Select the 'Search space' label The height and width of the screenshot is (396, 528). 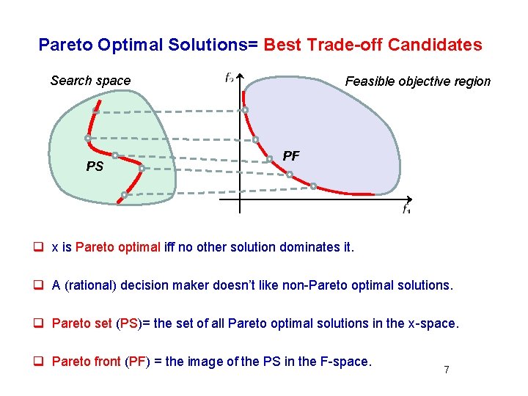coord(90,81)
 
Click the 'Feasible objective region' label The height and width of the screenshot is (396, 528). coord(417,81)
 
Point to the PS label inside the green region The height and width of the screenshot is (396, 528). coord(95,167)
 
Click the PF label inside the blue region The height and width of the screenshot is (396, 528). coord(291,156)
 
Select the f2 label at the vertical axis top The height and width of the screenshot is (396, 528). coord(230,77)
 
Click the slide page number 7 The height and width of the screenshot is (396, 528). coord(446,370)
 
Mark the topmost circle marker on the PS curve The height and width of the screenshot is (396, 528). coord(96,111)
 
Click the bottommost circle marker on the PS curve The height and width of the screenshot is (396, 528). coord(125,195)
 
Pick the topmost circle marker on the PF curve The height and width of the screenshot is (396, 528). coord(245,110)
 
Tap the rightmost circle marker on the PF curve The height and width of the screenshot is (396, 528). coord(313,186)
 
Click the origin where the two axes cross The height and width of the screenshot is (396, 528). coord(240,198)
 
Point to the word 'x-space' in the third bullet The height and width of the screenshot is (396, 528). coord(436,323)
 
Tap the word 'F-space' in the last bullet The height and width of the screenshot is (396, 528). coord(348,362)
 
